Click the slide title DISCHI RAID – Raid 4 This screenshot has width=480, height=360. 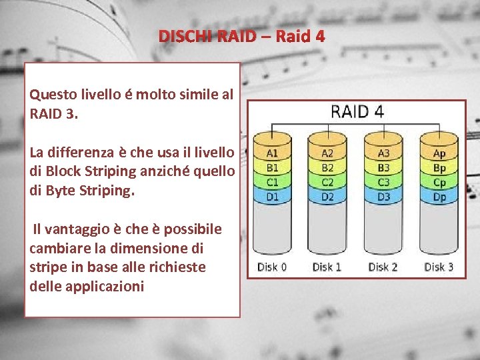coord(241,36)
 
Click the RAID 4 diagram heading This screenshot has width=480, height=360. coord(357,111)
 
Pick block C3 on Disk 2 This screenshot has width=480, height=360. coord(383,183)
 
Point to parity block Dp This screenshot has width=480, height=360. coord(439,197)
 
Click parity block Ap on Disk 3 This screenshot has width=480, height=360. coord(439,154)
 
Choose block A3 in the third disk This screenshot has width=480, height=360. coord(383,154)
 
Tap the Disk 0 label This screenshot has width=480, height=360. coord(272,267)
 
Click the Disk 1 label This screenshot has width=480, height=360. coord(327,267)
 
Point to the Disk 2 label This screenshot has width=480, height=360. coord(383,267)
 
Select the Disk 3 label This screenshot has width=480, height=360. coord(439,267)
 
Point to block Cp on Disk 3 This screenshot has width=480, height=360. coord(439,183)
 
